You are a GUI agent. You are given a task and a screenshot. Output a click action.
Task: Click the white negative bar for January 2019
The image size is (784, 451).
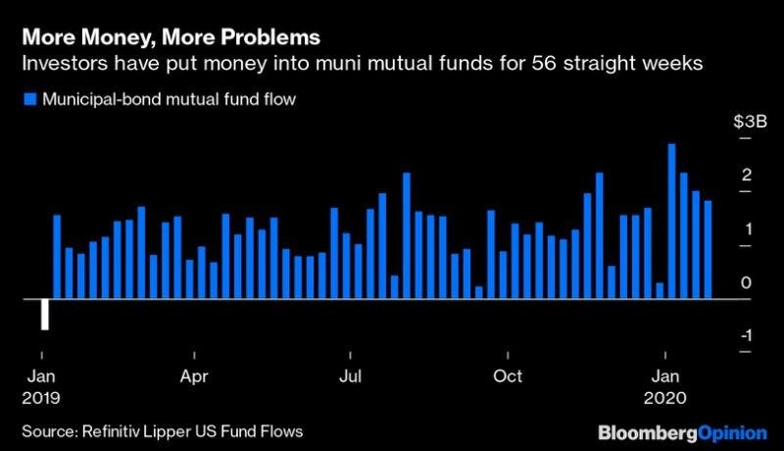(45, 314)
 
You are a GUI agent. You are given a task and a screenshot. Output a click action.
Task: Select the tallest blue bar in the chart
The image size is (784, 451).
(672, 221)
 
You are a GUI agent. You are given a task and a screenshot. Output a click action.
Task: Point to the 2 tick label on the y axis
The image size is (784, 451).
(747, 175)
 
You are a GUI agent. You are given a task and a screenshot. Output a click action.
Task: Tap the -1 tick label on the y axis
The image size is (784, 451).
(745, 335)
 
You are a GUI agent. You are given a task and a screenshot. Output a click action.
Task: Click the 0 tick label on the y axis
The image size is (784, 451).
(747, 282)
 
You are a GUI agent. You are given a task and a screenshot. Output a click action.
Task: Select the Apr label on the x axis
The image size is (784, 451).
(192, 376)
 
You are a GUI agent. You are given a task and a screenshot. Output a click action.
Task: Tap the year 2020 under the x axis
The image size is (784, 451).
(666, 398)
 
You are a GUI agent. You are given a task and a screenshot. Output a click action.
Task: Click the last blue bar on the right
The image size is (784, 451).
(708, 249)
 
